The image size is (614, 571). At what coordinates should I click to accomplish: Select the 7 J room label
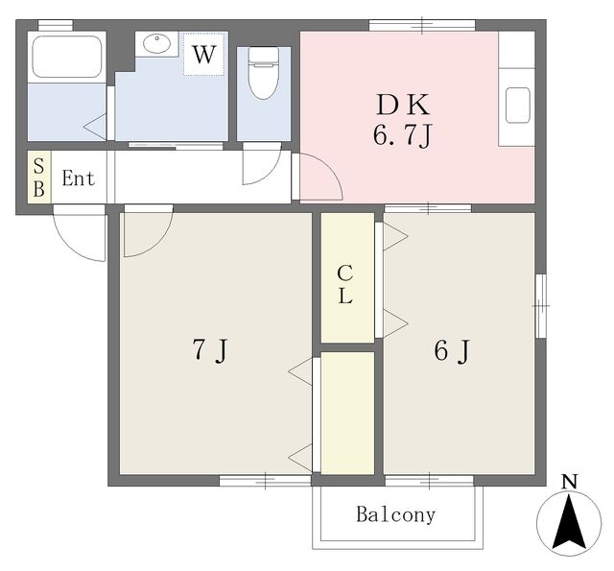point(208,351)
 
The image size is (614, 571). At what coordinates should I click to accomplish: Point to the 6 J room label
point(452,351)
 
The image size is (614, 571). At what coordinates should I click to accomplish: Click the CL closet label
point(345,284)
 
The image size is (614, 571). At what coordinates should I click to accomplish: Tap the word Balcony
point(396,514)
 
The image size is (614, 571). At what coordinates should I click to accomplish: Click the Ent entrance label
point(79,178)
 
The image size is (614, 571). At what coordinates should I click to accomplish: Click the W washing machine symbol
point(202,55)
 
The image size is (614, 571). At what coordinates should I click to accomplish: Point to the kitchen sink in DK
point(517,104)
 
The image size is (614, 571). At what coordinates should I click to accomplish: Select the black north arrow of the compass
point(570,527)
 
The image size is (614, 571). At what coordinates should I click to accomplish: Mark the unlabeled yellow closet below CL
point(346,412)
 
